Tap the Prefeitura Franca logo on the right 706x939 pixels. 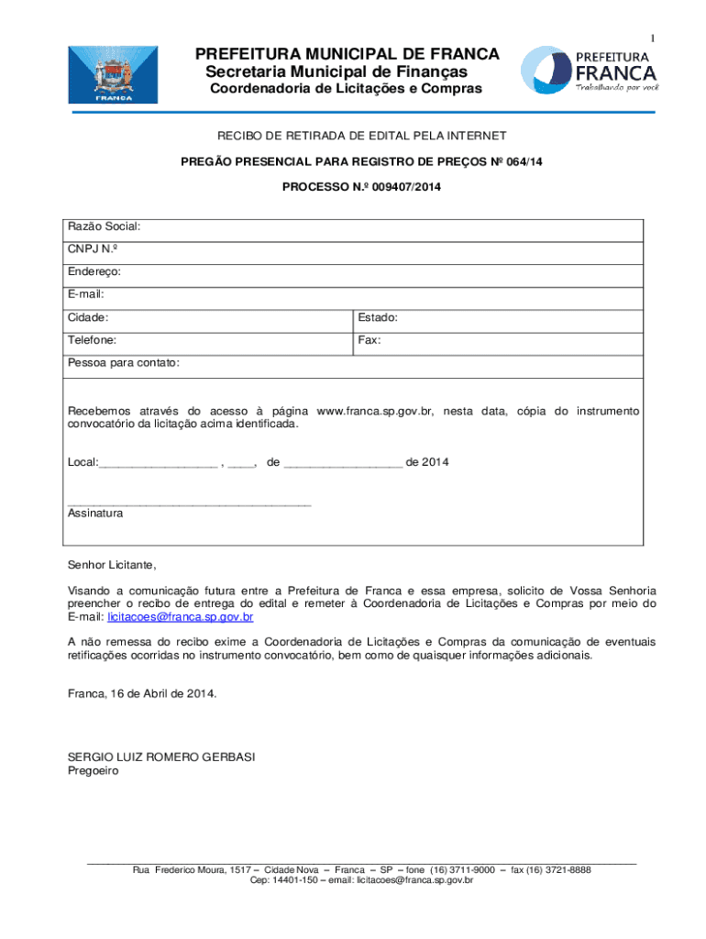click(589, 70)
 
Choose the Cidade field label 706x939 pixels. click(88, 317)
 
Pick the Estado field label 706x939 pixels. click(378, 317)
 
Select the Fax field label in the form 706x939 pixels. click(370, 340)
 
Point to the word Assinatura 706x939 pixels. click(95, 514)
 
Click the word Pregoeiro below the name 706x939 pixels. click(94, 771)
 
